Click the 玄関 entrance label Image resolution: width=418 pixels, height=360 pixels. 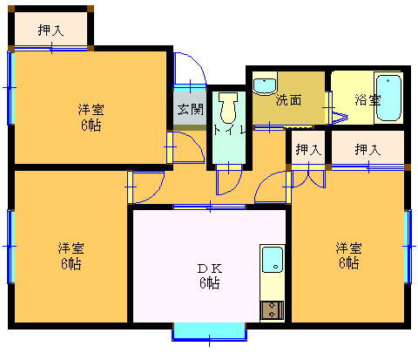click(191, 109)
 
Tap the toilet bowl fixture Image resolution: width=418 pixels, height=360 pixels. click(228, 107)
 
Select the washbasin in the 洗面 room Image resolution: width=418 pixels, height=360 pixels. click(265, 85)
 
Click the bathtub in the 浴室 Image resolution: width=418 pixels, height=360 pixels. click(388, 98)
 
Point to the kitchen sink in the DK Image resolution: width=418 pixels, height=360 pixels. click(273, 260)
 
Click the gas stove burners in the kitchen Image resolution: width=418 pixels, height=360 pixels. click(272, 310)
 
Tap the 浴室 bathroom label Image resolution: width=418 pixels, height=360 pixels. click(367, 100)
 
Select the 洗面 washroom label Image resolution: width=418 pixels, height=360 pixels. click(288, 100)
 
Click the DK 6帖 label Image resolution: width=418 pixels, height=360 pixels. click(210, 276)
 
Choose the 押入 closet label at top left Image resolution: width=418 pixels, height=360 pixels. click(51, 31)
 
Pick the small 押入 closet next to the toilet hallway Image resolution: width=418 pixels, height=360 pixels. click(308, 149)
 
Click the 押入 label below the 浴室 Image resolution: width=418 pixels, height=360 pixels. click(367, 149)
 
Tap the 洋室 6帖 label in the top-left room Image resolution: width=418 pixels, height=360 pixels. click(91, 118)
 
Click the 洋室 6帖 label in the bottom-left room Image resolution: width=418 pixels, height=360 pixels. click(71, 255)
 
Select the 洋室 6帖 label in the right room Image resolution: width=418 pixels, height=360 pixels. click(348, 255)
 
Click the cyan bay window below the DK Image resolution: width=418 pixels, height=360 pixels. click(209, 331)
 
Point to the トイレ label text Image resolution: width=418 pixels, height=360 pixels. click(229, 131)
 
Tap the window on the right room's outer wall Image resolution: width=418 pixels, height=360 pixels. click(408, 247)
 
